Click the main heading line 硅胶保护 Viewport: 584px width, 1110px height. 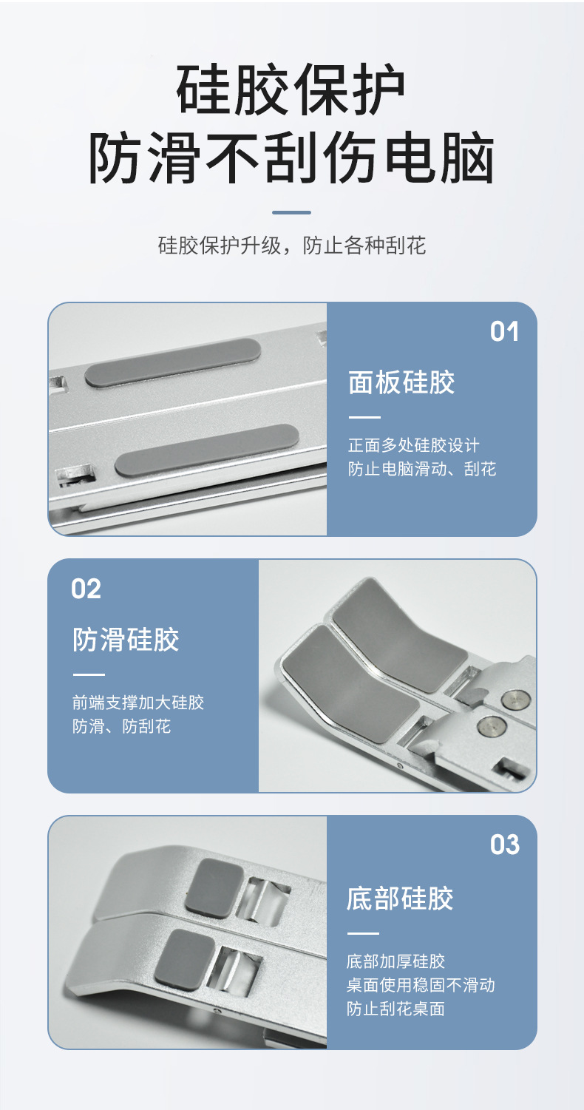291,91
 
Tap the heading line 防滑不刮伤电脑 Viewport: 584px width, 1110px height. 291,158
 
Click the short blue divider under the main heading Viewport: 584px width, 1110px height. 291,212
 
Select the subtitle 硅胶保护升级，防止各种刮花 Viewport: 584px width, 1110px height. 291,246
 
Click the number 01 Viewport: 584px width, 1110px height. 505,332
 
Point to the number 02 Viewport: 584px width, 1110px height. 86,589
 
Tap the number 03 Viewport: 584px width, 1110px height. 505,845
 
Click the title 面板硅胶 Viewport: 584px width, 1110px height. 401,383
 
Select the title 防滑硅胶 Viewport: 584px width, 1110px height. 126,640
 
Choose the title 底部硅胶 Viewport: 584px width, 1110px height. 399,899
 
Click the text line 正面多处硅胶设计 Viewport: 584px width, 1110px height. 413,445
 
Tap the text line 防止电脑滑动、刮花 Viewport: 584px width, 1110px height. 422,469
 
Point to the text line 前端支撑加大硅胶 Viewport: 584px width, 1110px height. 138,703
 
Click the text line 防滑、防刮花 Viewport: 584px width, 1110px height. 121,726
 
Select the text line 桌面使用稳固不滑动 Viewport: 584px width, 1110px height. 421,985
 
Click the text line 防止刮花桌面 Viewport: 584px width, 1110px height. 395,1009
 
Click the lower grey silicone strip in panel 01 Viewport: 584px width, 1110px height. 207,450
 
